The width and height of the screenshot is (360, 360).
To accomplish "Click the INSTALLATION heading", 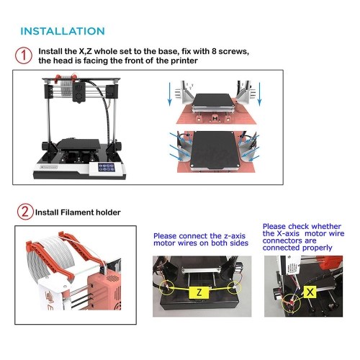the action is pos(63,31).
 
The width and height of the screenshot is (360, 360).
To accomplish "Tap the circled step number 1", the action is pos(24,55).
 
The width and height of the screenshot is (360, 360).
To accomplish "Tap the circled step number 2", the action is pos(25,212).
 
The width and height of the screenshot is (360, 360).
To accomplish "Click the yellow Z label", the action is pos(199,292).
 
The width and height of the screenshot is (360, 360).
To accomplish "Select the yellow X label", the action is pos(310,292).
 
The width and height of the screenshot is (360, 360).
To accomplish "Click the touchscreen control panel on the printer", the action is pos(107,167).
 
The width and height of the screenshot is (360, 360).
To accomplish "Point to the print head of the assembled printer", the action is pos(79,92).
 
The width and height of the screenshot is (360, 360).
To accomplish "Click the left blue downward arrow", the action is pos(170,94).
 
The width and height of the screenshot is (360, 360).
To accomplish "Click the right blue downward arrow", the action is pos(259,94).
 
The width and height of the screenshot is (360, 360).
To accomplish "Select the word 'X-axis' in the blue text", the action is pos(288,233).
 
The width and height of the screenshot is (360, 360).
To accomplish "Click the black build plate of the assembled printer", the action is pos(78,145).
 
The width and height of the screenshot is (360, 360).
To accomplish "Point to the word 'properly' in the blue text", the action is pos(318,248).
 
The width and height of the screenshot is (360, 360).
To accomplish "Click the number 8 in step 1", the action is pos(214,51).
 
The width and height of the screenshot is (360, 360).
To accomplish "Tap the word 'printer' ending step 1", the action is pos(184,60).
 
